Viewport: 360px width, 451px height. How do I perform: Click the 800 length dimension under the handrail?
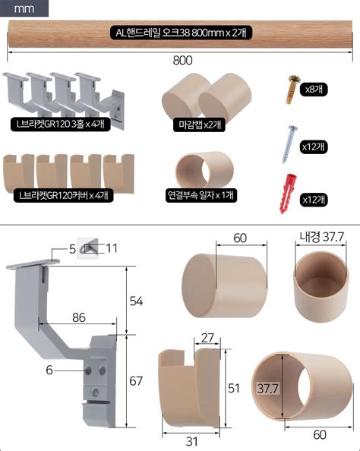[x=182, y=61]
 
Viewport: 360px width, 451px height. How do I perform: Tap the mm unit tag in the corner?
[x=24, y=8]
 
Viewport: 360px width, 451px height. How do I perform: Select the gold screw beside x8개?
[x=293, y=89]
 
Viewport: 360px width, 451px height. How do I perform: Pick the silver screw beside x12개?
[x=289, y=144]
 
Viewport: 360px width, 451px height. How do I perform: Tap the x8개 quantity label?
[x=314, y=90]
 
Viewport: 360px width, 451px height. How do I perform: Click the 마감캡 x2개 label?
[x=200, y=125]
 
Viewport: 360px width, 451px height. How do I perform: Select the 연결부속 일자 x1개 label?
[x=201, y=196]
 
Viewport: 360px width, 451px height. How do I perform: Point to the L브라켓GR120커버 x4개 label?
[x=64, y=196]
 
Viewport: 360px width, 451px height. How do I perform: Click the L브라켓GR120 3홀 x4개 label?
[x=61, y=125]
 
